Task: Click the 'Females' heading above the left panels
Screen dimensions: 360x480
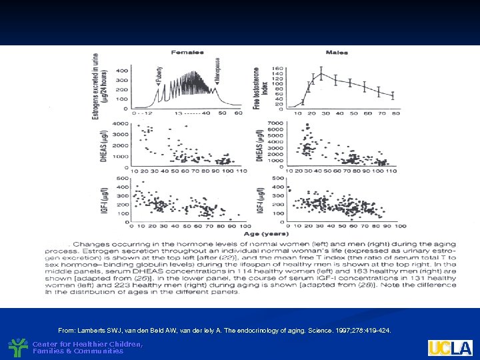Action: point(187,51)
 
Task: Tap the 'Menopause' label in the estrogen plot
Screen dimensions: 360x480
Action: point(217,70)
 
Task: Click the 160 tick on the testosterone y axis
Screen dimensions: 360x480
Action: point(277,68)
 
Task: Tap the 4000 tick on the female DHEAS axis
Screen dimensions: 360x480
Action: point(121,124)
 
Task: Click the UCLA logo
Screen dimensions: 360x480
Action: point(450,347)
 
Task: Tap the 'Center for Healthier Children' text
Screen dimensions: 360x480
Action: point(87,344)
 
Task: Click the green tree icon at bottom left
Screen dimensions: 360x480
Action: point(18,347)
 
